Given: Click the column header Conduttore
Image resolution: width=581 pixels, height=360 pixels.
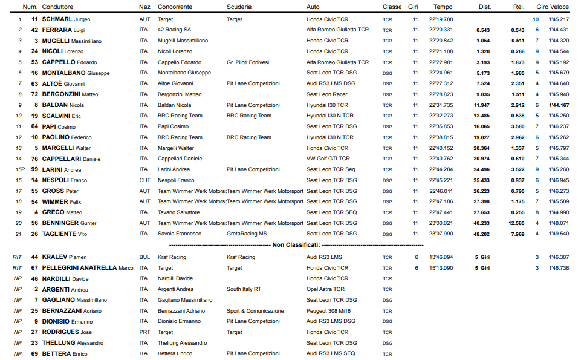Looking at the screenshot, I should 57,7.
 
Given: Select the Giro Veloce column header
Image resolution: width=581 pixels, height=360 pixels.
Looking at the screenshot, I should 552,7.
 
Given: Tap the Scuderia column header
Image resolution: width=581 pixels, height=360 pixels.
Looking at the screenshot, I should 239,7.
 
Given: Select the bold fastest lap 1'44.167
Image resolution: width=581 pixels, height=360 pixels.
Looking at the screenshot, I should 559,105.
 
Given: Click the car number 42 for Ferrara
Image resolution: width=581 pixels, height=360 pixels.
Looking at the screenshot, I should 35,30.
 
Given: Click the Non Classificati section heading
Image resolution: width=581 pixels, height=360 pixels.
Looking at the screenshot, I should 296,245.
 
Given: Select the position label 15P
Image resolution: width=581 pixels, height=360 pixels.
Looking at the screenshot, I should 19,169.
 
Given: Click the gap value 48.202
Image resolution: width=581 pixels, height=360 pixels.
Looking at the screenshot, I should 481,234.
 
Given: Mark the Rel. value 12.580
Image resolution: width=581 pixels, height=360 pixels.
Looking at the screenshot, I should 515,223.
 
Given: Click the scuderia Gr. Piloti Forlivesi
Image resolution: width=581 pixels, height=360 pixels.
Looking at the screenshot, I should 248,62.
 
